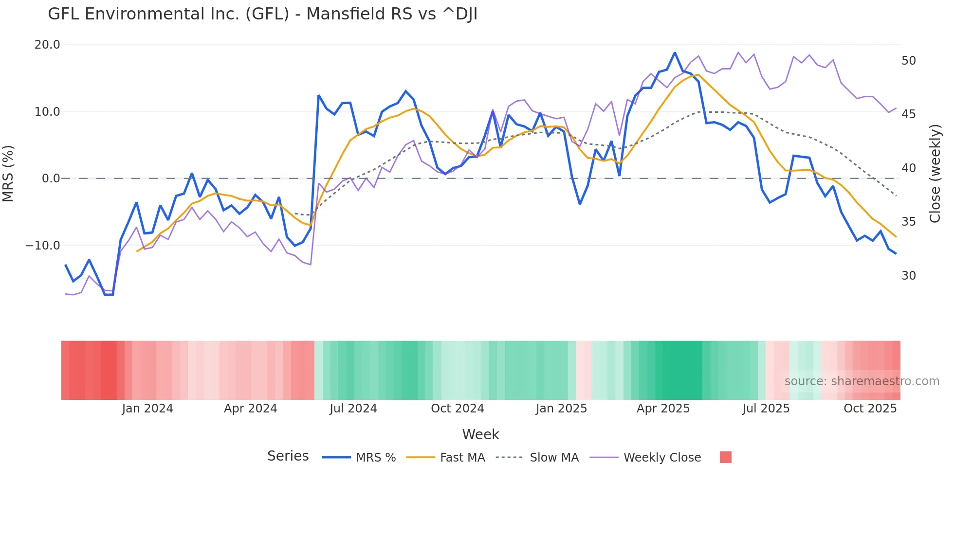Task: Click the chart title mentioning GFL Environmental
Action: (x=262, y=14)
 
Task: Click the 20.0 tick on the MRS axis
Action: (x=47, y=45)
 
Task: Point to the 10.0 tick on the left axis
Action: (x=47, y=112)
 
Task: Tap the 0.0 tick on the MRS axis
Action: (x=51, y=179)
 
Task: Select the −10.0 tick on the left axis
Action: (x=43, y=246)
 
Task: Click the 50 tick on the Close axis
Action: (x=908, y=61)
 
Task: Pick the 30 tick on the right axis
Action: (x=908, y=276)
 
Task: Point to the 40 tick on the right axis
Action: (x=908, y=168)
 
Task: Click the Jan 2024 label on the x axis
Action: (x=147, y=409)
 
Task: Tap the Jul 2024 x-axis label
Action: (x=353, y=409)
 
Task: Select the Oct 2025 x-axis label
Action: (x=870, y=409)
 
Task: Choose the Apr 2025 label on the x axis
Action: (x=663, y=409)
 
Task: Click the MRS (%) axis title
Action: (x=8, y=173)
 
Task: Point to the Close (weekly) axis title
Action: (x=935, y=174)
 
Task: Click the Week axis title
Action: (x=480, y=434)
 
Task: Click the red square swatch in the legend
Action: (x=725, y=457)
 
